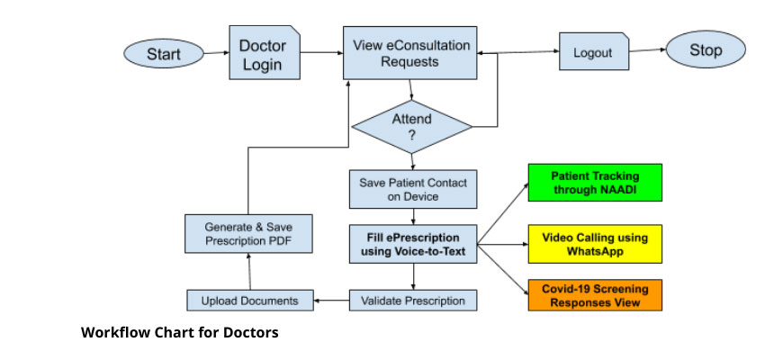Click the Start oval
click(163, 55)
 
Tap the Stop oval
click(706, 50)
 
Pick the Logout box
click(592, 52)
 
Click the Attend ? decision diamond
click(411, 126)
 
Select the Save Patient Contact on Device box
click(413, 189)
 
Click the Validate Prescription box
click(413, 300)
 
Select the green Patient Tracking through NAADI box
click(594, 183)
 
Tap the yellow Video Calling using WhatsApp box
click(594, 244)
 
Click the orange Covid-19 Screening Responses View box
click(594, 295)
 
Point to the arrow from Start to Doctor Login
click(215, 54)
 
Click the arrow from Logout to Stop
click(646, 51)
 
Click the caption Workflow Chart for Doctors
click(180, 333)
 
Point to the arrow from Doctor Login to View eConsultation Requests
click(320, 53)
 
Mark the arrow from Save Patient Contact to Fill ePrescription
click(413, 217)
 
